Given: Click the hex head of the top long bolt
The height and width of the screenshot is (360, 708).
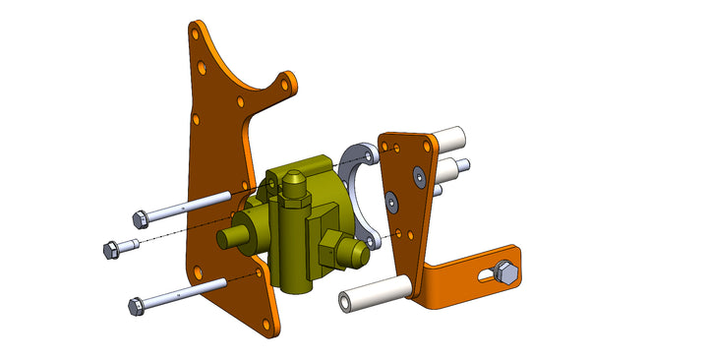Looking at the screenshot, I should point(142,216).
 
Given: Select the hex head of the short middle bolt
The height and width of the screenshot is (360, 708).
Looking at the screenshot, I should point(111,249).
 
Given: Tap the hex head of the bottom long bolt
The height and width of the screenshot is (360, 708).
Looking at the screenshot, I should point(137,306).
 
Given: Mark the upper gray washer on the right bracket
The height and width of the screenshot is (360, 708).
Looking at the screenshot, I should point(419,175).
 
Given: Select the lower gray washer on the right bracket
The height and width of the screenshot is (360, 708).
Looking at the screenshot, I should point(392,202).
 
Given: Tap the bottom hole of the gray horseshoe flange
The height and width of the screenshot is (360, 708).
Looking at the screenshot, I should point(371,238).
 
